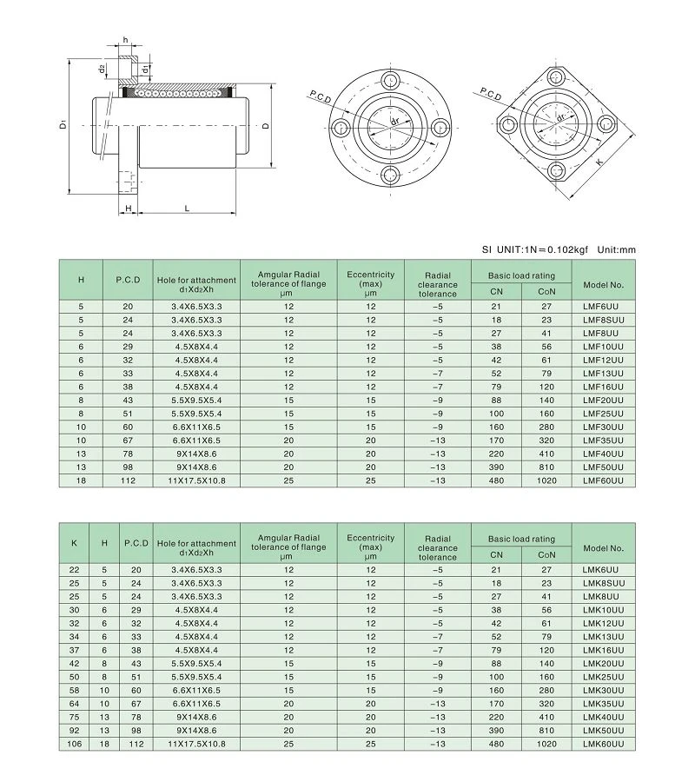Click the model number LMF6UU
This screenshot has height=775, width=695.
tap(600, 307)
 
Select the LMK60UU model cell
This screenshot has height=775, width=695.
tap(603, 744)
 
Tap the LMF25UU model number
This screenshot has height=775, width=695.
tap(603, 414)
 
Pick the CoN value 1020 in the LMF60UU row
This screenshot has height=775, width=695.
tap(546, 480)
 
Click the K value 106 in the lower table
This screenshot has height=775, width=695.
tap(74, 744)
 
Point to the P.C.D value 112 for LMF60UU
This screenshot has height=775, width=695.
tap(128, 480)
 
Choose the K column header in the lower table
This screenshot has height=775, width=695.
tap(74, 543)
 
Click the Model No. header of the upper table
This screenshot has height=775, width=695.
tap(603, 285)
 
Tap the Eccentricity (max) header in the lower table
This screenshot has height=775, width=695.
tap(371, 547)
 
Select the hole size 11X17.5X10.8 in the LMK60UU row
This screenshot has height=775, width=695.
tap(196, 744)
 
